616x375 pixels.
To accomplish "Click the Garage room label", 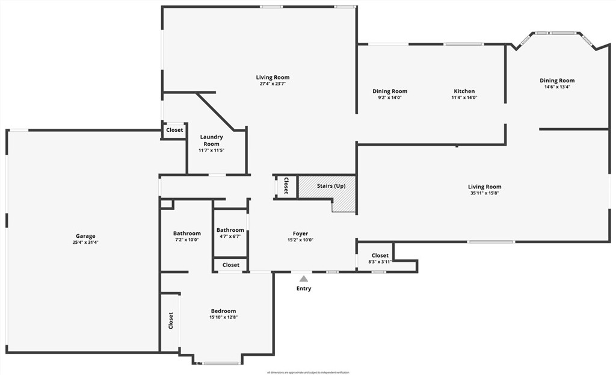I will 85,236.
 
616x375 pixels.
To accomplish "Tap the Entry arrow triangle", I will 304,279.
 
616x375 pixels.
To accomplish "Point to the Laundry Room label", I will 211,140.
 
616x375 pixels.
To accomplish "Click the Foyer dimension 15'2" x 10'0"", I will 300,240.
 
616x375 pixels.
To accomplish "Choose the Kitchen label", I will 464,91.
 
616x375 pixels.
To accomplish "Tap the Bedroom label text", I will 223,311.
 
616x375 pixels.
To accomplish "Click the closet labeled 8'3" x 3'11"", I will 380,258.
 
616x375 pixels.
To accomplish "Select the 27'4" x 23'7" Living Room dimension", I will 273,84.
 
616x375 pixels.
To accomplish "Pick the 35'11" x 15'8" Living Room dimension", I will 485,193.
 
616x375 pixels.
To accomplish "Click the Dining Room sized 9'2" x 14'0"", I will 390,95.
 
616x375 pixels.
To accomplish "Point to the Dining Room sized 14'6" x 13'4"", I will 556,84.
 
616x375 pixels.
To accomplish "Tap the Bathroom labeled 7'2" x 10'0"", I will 186,237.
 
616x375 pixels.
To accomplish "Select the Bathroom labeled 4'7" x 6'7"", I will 230,233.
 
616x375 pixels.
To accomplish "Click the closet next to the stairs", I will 286,186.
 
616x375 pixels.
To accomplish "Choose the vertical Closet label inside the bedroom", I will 170,321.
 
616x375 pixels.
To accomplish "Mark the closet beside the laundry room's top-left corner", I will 174,130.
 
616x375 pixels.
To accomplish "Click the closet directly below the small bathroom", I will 230,265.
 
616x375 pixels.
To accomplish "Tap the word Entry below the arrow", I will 304,289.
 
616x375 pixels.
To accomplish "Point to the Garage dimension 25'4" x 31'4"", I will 85,243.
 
